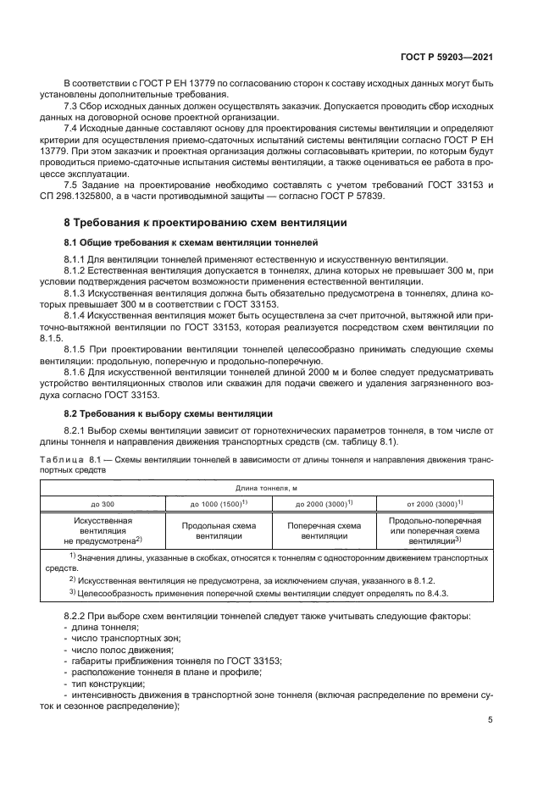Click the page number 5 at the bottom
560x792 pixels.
point(491,720)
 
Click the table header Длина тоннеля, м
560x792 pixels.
point(267,489)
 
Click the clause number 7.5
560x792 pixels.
point(74,184)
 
